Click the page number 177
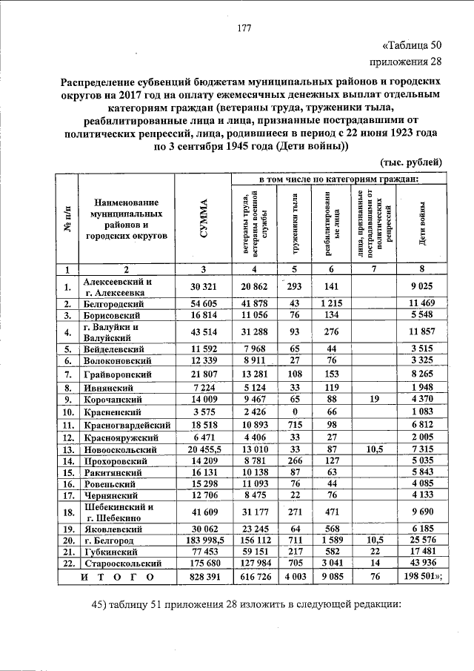click(x=244, y=29)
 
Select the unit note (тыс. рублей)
click(x=411, y=161)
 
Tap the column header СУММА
click(x=202, y=220)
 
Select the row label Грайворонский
click(x=121, y=374)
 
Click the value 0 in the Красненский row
click(x=294, y=411)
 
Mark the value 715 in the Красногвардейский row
click(x=294, y=425)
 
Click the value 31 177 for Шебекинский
click(x=254, y=512)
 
